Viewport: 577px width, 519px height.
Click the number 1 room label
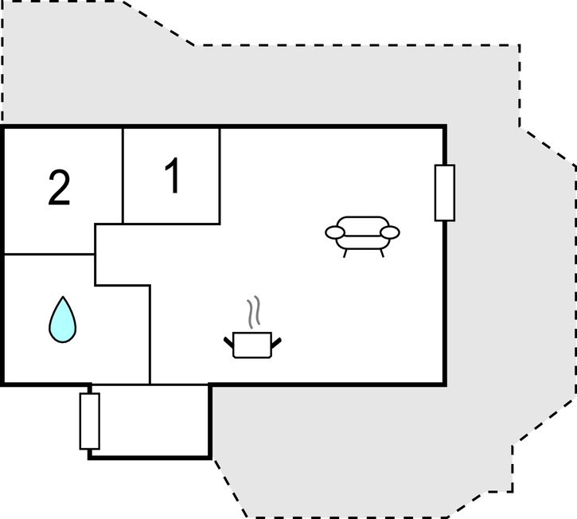pos(172,175)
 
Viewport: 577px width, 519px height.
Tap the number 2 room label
pos(59,188)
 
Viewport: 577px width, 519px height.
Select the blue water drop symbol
pos(63,319)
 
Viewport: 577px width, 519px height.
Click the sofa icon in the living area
pos(362,236)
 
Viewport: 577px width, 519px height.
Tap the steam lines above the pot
pos(254,312)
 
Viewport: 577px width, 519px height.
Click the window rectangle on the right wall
pos(445,193)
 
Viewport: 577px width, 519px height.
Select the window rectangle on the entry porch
pos(90,421)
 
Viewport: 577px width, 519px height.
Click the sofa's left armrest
pos(335,232)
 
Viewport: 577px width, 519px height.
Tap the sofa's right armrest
pos(390,232)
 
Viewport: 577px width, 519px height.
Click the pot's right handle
pos(276,343)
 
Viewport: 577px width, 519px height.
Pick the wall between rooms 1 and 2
pos(123,176)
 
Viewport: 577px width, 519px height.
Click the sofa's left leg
pos(345,253)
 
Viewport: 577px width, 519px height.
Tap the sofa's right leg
pos(382,253)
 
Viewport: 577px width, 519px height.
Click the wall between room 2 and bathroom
pos(49,254)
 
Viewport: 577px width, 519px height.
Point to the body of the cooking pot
pos(252,345)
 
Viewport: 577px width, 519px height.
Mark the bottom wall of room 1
pos(171,224)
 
